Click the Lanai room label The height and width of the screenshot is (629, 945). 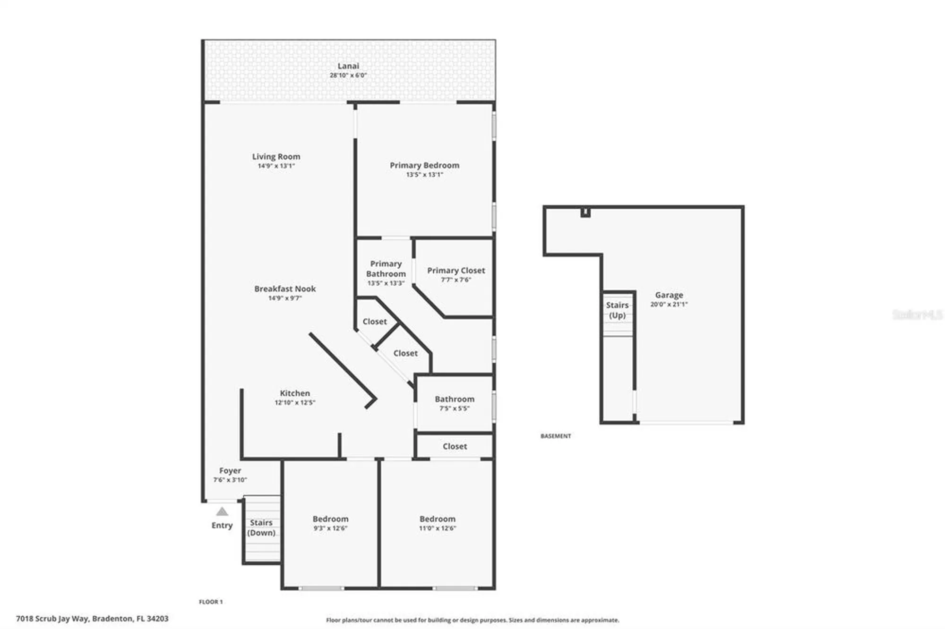(348, 66)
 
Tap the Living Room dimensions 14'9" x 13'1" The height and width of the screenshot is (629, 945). (276, 166)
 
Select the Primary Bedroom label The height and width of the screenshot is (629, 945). (424, 165)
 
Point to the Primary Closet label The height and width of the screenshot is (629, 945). (456, 271)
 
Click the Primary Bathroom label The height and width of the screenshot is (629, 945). (386, 269)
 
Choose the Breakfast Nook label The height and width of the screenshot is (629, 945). (285, 289)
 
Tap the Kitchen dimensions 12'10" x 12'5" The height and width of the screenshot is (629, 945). (295, 403)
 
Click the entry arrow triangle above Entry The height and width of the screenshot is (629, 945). (222, 512)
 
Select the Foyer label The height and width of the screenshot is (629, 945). (230, 471)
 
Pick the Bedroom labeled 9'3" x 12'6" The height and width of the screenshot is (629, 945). (330, 519)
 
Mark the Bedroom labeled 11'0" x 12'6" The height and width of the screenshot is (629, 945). (438, 519)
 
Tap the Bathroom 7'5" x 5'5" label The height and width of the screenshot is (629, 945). (455, 399)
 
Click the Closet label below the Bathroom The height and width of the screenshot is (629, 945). (455, 446)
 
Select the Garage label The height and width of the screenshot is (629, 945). (669, 295)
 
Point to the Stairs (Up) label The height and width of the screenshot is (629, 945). (617, 310)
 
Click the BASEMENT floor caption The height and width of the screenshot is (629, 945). (556, 436)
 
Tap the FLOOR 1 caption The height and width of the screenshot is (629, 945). (211, 602)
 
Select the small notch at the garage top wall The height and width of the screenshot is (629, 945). (585, 212)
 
